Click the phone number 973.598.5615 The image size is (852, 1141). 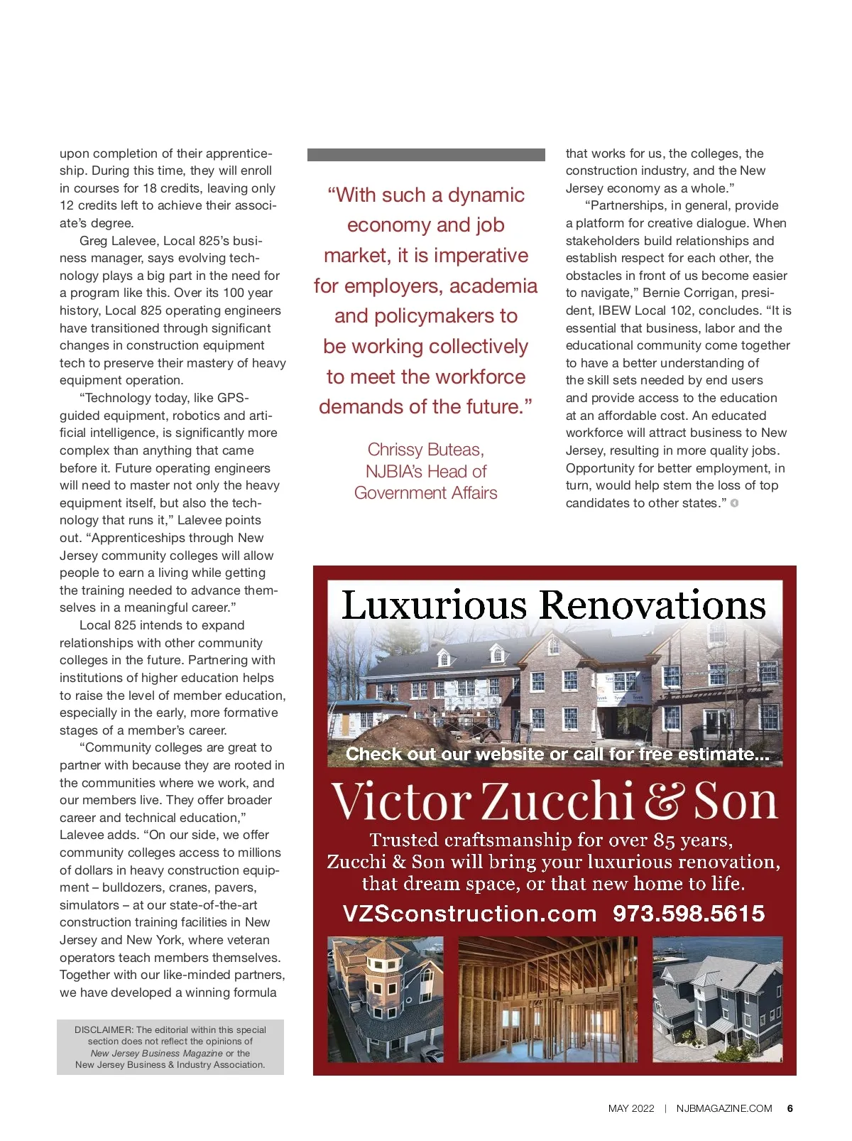pyautogui.click(x=688, y=913)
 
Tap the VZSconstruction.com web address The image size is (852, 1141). pyautogui.click(x=469, y=913)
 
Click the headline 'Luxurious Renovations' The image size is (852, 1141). pyautogui.click(x=554, y=605)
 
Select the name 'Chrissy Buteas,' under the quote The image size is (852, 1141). pyautogui.click(x=425, y=450)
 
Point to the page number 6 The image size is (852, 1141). pyautogui.click(x=790, y=1108)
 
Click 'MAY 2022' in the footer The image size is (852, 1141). pyautogui.click(x=631, y=1108)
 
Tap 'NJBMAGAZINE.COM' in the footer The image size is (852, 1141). pyautogui.click(x=723, y=1108)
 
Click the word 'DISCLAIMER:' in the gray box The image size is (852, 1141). pyautogui.click(x=104, y=1029)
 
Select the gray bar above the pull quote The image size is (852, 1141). pyautogui.click(x=426, y=154)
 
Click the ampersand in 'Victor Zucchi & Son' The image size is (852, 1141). pyautogui.click(x=663, y=801)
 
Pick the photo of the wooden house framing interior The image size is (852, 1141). pyautogui.click(x=547, y=999)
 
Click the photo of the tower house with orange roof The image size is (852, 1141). pyautogui.click(x=385, y=999)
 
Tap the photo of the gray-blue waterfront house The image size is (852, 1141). pyautogui.click(x=717, y=999)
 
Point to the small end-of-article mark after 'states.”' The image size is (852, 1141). pyautogui.click(x=734, y=503)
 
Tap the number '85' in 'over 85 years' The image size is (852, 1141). pyautogui.click(x=663, y=840)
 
